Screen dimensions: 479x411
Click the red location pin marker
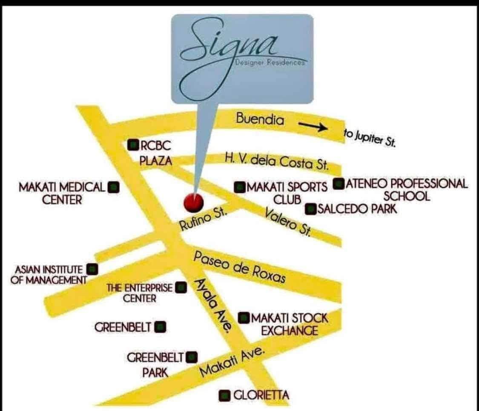click(x=194, y=202)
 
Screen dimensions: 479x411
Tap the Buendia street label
click(x=260, y=118)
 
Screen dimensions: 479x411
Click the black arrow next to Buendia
click(x=313, y=126)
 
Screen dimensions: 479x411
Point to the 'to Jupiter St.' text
click(x=370, y=138)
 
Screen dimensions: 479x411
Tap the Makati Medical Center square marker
click(x=114, y=187)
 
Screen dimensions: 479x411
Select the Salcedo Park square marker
click(x=311, y=209)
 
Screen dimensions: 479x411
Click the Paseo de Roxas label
click(x=240, y=267)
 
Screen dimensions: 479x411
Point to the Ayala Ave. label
click(x=212, y=305)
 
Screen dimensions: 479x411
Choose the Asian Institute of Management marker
click(x=92, y=269)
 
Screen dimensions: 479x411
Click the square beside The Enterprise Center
click(x=181, y=287)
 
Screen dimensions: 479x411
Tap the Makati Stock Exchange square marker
click(x=244, y=318)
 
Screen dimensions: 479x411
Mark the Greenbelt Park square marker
click(x=192, y=357)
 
